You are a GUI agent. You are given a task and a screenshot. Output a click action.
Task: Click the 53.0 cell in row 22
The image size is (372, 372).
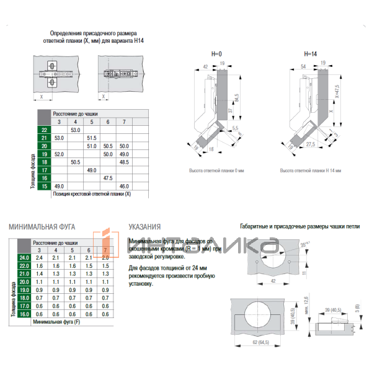pyautogui.click(x=75, y=130)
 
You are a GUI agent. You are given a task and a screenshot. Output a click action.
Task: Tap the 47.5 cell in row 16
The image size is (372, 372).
pyautogui.click(x=108, y=178)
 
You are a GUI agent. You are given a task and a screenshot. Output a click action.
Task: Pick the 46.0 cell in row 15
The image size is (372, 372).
pyautogui.click(x=124, y=186)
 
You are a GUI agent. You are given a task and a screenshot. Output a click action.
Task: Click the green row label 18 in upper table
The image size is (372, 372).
pyautogui.click(x=44, y=162)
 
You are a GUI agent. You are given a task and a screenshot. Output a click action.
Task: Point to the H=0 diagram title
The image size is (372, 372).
pyautogui.click(x=216, y=55)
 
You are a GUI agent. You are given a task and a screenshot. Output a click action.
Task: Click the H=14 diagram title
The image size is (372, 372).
pyautogui.click(x=310, y=55)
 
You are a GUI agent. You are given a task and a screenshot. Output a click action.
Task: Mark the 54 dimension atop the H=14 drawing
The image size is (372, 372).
pyautogui.click(x=304, y=65)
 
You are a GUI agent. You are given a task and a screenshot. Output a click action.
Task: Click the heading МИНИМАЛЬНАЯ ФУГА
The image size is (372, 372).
pyautogui.click(x=42, y=227)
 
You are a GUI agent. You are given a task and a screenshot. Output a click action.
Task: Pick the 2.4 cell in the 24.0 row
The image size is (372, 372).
pyautogui.click(x=39, y=257)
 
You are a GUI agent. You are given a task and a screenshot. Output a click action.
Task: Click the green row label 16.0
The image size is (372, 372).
pyautogui.click(x=24, y=314)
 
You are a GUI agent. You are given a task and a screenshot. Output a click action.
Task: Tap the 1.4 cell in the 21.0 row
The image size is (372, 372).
pyautogui.click(x=39, y=273)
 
